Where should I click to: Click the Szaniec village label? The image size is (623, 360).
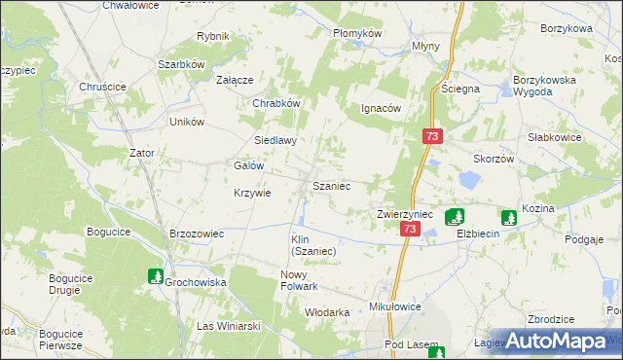[331, 185]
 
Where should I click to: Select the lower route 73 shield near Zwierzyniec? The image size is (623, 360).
[409, 229]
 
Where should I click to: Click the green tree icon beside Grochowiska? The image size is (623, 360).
[154, 277]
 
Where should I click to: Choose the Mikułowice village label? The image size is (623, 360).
[395, 306]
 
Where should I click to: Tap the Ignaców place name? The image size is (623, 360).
[382, 109]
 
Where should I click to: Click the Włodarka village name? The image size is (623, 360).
[327, 312]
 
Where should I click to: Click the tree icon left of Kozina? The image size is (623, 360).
[507, 218]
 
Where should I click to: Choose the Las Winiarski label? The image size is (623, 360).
[229, 326]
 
